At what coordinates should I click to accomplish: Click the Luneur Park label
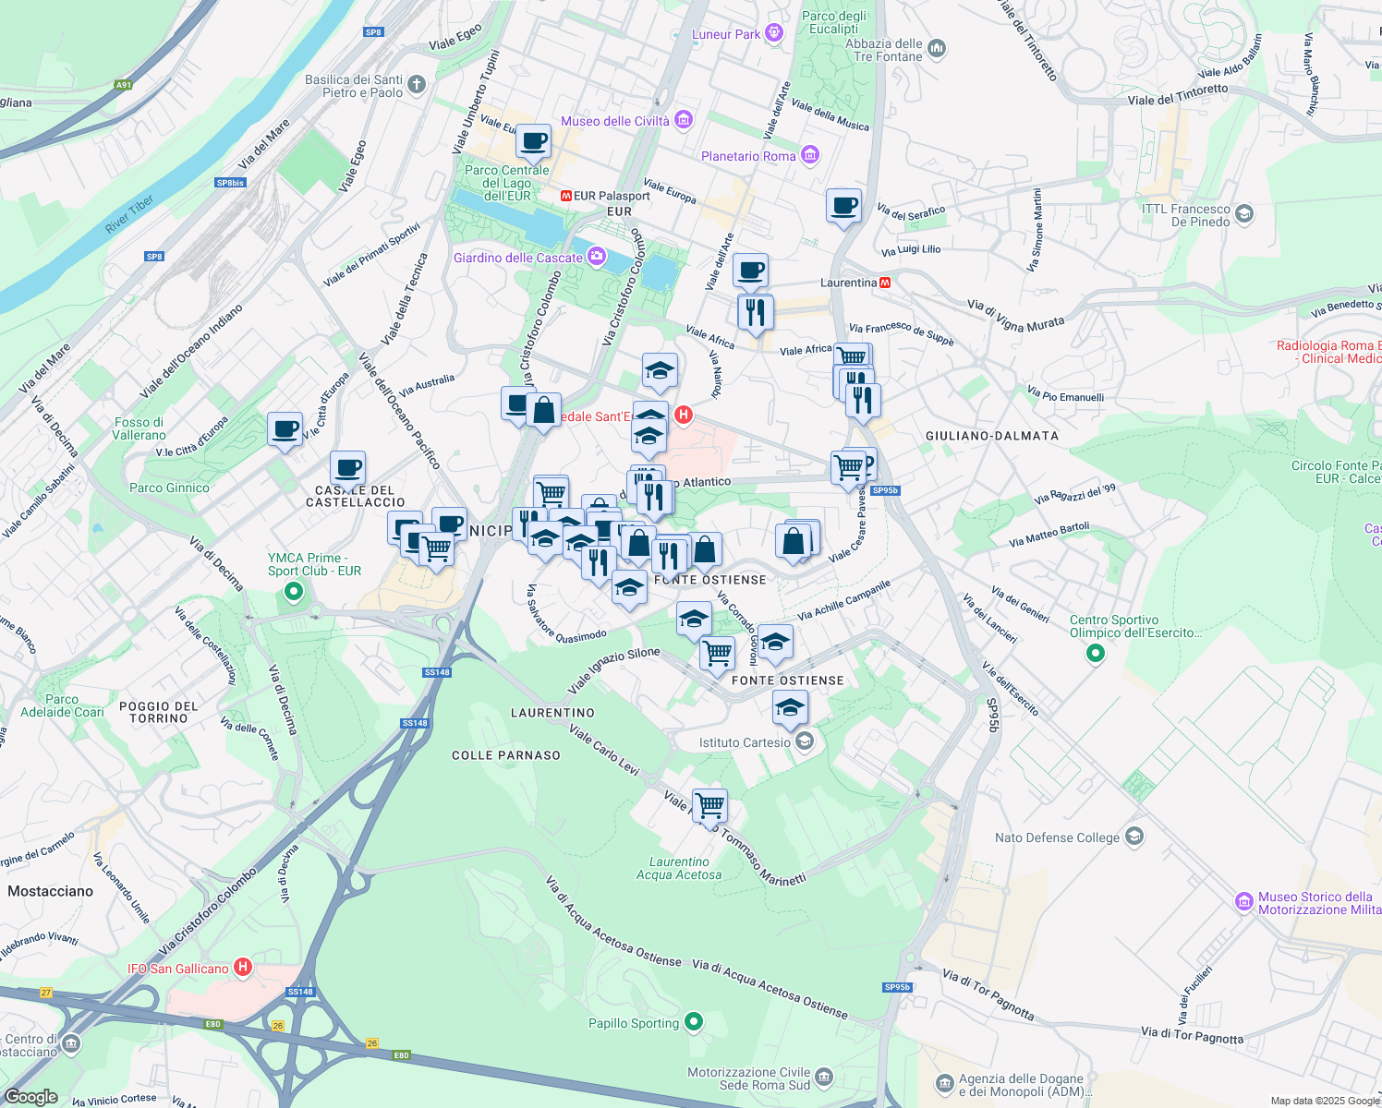point(726,34)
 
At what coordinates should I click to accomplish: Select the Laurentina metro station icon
point(885,283)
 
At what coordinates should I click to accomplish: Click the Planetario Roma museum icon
point(809,156)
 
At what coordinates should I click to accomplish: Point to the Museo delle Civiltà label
point(615,121)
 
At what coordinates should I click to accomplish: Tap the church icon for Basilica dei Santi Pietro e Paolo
point(417,86)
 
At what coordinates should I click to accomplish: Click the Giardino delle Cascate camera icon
point(597,257)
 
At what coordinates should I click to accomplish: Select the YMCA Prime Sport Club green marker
point(294,591)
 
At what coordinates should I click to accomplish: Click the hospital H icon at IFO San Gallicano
point(242,968)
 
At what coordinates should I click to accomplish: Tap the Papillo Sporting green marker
point(694,1022)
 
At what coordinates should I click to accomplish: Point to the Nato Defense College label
point(1057,837)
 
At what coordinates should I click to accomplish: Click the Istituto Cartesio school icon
point(805,741)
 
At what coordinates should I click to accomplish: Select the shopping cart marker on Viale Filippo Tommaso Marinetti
point(709,805)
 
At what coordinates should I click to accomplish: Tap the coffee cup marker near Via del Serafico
point(843,206)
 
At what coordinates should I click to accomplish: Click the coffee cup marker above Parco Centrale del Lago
point(533,141)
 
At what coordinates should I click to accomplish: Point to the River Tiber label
point(129,214)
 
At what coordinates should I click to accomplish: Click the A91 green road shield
point(124,85)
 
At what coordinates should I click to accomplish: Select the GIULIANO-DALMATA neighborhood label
point(991,435)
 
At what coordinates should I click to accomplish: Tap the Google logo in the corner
point(31,1096)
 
